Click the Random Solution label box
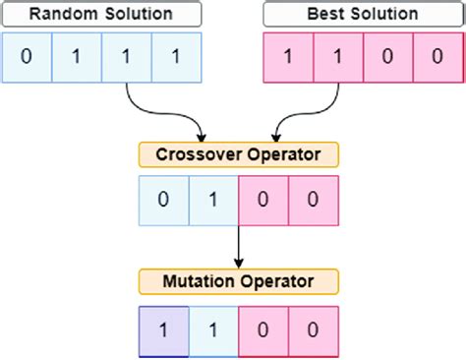(102, 15)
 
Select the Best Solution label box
(363, 15)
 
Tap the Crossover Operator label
(239, 154)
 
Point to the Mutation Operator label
(239, 283)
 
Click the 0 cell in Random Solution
(27, 56)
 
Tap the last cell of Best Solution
(438, 56)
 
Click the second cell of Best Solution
(337, 56)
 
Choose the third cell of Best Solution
(388, 56)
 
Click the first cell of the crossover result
(163, 201)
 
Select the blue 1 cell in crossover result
(213, 201)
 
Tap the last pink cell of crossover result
(314, 201)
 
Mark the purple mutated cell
(163, 330)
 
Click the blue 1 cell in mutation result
(213, 330)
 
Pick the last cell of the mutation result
(314, 330)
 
